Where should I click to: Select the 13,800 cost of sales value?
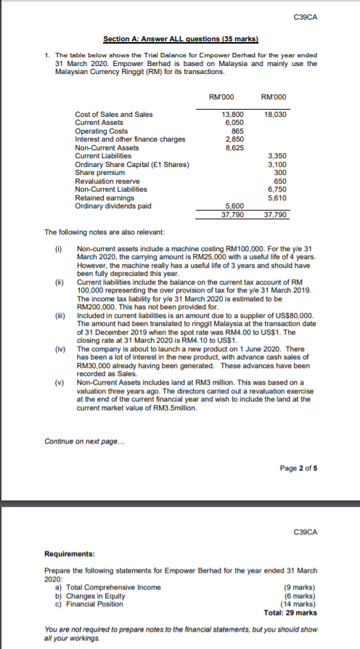click(x=232, y=115)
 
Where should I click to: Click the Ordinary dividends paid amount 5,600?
click(x=234, y=206)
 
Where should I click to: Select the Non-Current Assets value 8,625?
click(x=234, y=147)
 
